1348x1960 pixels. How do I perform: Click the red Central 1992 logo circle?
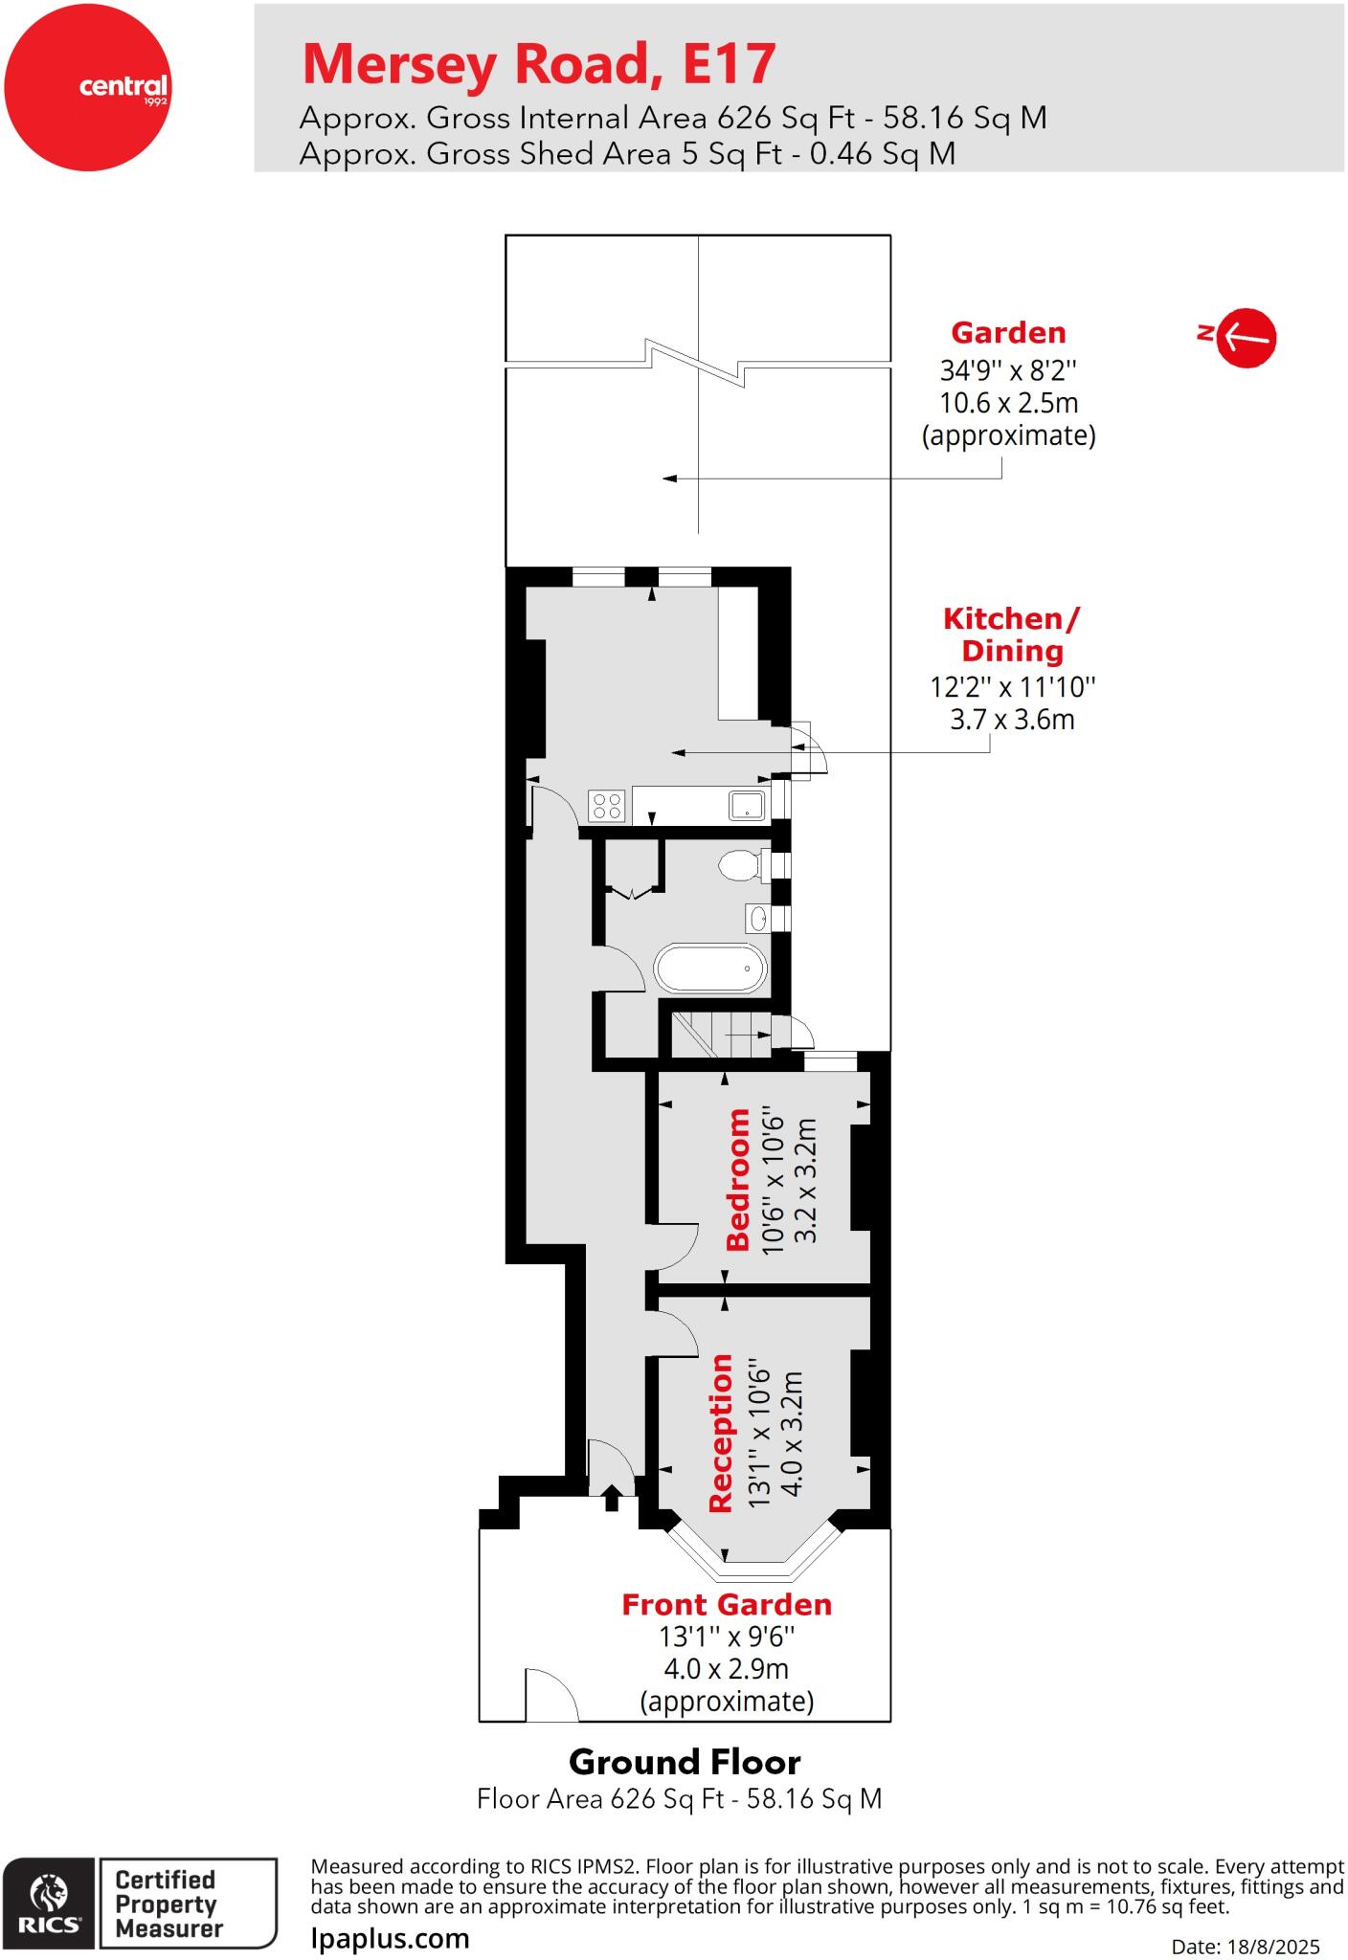(87, 87)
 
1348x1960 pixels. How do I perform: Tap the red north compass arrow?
(1247, 337)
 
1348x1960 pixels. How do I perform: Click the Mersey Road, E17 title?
(538, 64)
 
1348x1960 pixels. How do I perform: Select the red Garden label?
(1008, 333)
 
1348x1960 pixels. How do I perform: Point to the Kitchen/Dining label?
(1012, 635)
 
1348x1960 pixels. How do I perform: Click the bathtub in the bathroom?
(710, 969)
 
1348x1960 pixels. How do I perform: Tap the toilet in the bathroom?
(739, 866)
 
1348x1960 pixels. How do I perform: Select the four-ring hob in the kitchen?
(607, 805)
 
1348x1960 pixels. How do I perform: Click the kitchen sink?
(747, 805)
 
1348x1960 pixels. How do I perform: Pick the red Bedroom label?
(738, 1179)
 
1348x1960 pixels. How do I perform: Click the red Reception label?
(721, 1434)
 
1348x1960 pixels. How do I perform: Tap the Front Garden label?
(727, 1604)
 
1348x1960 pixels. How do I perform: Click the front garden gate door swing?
(550, 1695)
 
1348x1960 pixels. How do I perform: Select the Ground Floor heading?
(685, 1762)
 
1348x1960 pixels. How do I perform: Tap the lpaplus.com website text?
(391, 1939)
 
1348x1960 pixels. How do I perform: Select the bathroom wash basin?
(758, 919)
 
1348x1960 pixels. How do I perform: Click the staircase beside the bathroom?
(720, 1035)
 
